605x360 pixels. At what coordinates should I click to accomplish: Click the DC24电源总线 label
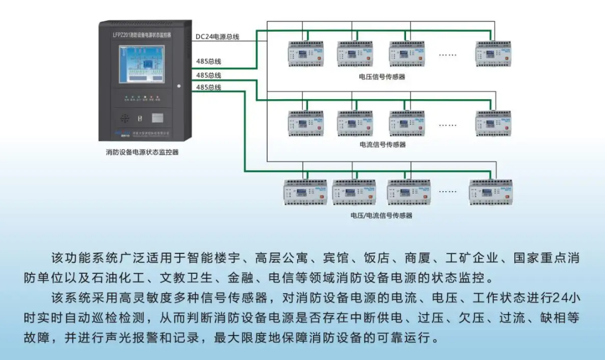pyautogui.click(x=217, y=37)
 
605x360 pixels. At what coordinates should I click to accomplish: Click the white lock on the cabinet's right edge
pyautogui.click(x=178, y=86)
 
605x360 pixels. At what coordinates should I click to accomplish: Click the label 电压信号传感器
pyautogui.click(x=382, y=77)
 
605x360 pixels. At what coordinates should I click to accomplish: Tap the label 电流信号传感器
pyautogui.click(x=382, y=145)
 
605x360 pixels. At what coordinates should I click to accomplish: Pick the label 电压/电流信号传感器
pyautogui.click(x=382, y=215)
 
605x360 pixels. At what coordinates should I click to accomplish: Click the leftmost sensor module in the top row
pyautogui.click(x=305, y=53)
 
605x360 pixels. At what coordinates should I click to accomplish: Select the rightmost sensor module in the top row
pyautogui.click(x=493, y=53)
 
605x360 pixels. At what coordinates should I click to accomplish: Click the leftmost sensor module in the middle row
pyautogui.click(x=305, y=122)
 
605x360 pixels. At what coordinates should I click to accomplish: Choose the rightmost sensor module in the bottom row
pyautogui.click(x=490, y=192)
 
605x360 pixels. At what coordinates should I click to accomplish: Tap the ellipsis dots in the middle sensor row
pyautogui.click(x=447, y=124)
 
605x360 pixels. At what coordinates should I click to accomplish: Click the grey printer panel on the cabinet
pyautogui.click(x=158, y=118)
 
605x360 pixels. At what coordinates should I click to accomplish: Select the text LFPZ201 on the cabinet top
pyautogui.click(x=120, y=34)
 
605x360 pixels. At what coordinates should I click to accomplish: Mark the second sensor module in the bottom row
pyautogui.click(x=354, y=192)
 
